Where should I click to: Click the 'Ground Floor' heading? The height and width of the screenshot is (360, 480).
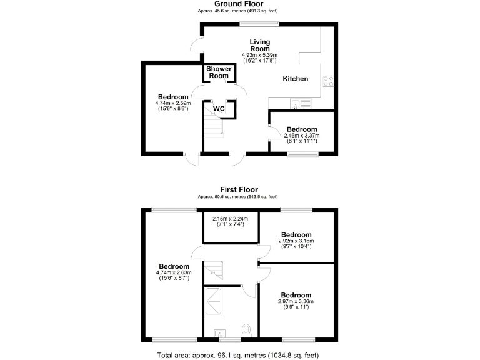[x=239, y=4]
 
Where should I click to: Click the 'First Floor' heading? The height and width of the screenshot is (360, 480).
[x=239, y=189]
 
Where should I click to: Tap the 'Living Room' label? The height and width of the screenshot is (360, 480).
[x=259, y=45]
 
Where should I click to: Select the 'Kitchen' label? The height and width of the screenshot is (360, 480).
[x=296, y=79]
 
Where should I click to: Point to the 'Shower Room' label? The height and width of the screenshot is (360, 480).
[x=219, y=72]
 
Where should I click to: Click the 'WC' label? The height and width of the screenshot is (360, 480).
[x=219, y=109]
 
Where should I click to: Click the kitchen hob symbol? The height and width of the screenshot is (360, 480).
[x=327, y=80]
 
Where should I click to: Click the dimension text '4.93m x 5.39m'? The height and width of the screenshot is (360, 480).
[x=259, y=56]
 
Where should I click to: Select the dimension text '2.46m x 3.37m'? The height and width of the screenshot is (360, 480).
[x=302, y=136]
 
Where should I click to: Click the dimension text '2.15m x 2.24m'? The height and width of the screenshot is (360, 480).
[x=230, y=219]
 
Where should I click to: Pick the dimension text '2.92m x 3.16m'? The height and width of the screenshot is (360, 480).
[x=296, y=241]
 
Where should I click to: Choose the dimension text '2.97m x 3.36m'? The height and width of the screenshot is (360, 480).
[x=296, y=302]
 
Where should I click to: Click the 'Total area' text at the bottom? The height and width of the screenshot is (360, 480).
[x=239, y=354]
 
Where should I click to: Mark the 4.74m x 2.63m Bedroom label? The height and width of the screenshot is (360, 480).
[x=173, y=266]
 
